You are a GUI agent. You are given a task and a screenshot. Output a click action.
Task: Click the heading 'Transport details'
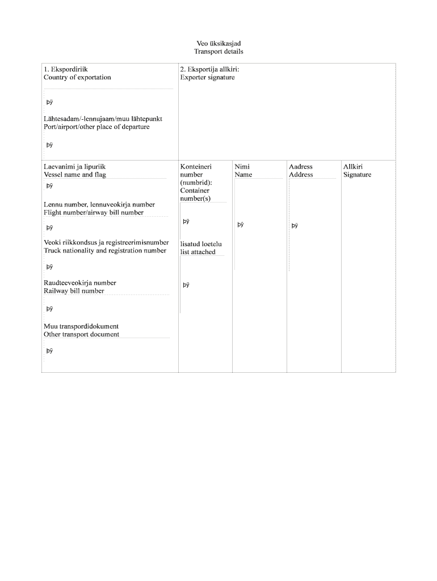coord(218,52)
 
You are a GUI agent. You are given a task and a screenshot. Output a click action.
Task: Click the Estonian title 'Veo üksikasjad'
coord(218,44)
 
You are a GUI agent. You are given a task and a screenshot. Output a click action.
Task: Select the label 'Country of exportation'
coord(77,77)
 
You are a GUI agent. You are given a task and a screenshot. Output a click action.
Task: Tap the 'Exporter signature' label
coord(207,77)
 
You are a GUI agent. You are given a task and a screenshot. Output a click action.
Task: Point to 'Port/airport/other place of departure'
coord(96,127)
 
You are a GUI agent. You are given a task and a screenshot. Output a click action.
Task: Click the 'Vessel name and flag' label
coord(75,175)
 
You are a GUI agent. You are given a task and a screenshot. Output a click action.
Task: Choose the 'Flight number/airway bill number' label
coord(94,213)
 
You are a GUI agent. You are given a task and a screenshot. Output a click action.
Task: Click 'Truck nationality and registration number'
coord(105,250)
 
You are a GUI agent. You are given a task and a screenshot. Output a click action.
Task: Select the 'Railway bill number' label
coord(74,291)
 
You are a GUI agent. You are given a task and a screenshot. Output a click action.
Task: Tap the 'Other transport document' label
coord(81,334)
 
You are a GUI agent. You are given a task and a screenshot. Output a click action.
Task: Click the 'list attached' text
coord(198,252)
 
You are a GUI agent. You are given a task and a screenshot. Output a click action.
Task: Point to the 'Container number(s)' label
coord(195,195)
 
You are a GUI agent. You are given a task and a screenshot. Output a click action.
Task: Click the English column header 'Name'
coord(243,175)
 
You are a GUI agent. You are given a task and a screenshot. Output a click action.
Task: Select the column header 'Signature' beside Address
coord(357,175)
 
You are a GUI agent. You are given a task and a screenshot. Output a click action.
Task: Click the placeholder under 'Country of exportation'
coord(49,103)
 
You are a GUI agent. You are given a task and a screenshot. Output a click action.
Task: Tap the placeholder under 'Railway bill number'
coord(49,309)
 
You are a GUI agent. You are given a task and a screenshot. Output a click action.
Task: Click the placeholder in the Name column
coord(241,225)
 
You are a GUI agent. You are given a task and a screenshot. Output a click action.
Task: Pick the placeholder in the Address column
coord(295,225)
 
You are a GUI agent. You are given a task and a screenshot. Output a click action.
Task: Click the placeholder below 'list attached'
coord(186,285)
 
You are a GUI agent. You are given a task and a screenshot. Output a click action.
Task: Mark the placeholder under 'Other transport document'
coord(49,351)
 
